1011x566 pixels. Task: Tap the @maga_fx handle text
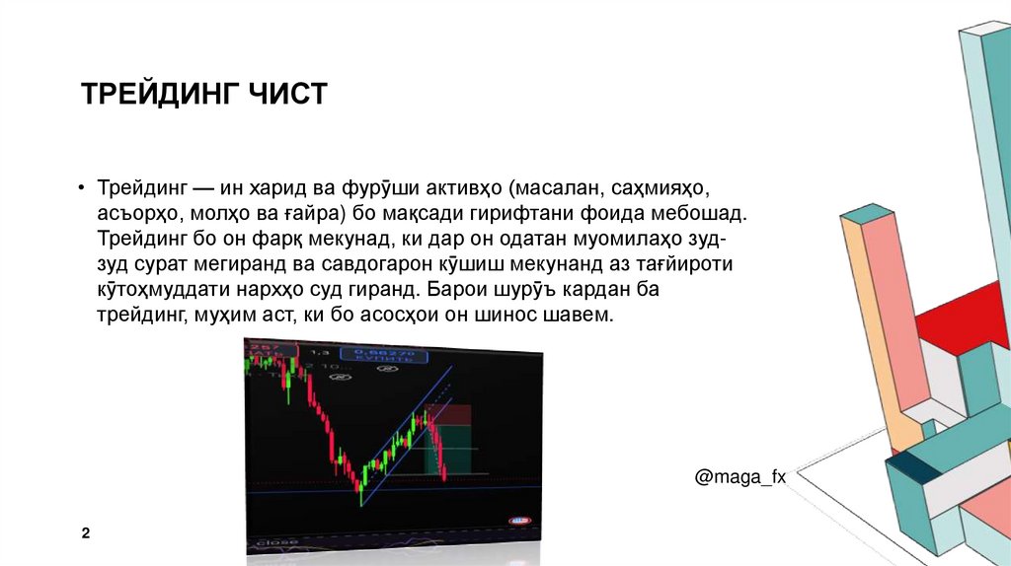coord(740,476)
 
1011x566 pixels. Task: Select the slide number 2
coord(86,533)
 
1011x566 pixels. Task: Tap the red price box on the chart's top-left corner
coord(264,351)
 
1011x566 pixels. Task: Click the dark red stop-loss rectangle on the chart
coord(455,414)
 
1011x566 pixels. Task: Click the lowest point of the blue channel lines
coord(361,506)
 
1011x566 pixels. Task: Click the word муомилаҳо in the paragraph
coord(637,239)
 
